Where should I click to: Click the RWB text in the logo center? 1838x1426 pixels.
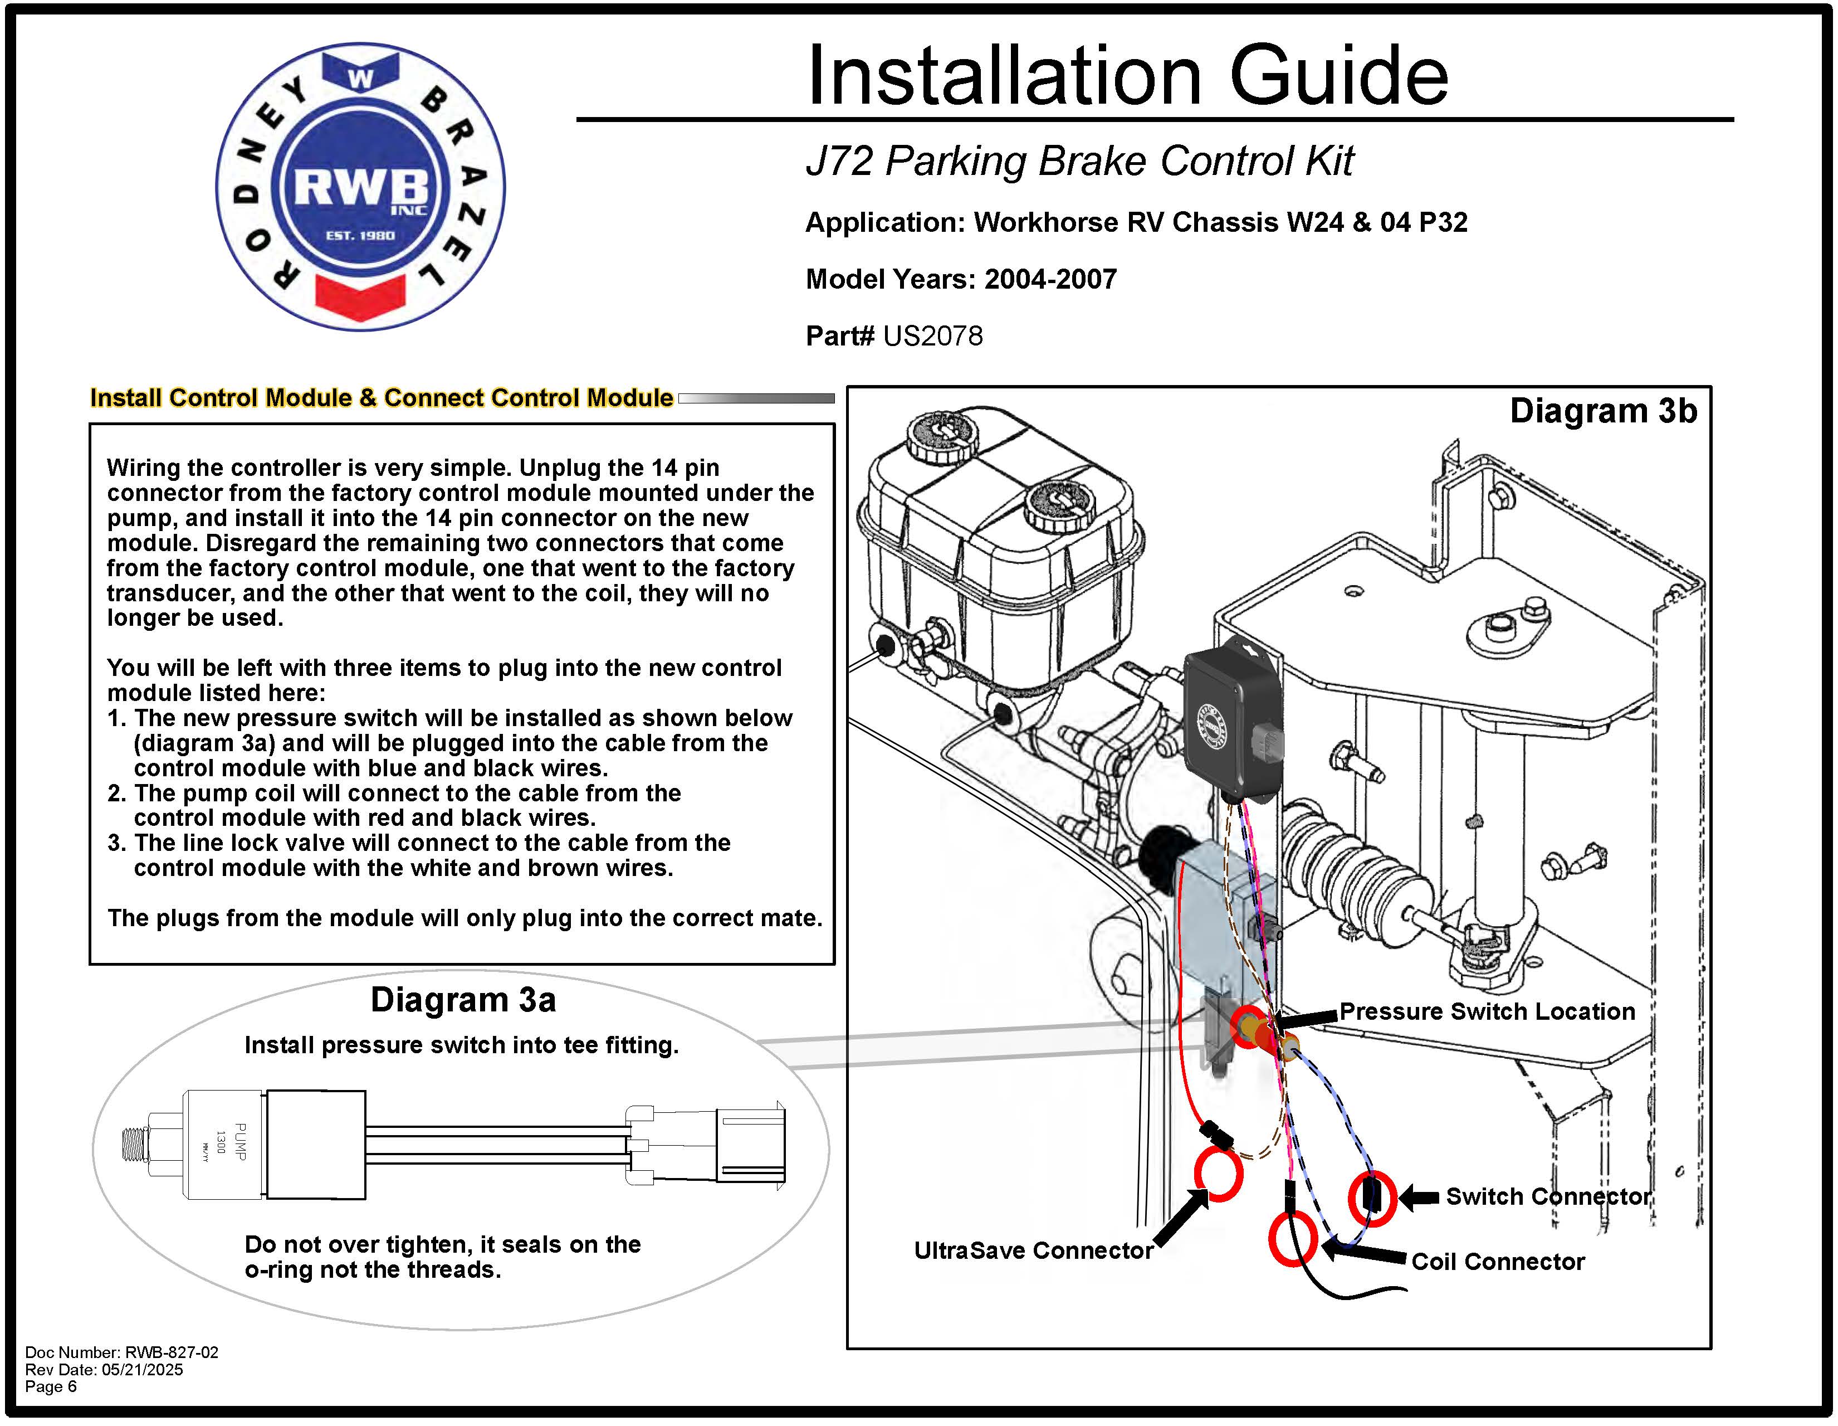pos(360,187)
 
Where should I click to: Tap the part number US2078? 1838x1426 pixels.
pos(932,336)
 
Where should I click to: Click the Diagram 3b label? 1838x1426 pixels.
pos(1602,411)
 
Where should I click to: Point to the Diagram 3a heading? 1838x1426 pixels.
pos(463,1000)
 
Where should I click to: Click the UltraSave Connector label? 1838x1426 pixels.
pos(1033,1250)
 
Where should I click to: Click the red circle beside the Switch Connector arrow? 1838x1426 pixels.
pos(1372,1197)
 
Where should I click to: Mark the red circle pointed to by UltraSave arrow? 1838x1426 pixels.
pos(1218,1175)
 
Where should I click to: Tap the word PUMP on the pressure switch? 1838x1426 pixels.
pos(241,1142)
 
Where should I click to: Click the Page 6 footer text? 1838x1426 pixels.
pos(51,1386)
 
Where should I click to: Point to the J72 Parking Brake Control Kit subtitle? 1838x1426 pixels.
pos(1079,161)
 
